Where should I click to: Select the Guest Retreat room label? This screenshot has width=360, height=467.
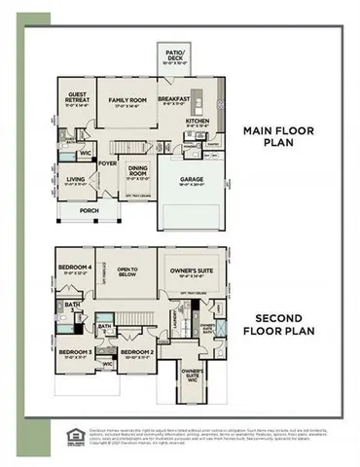[77, 98]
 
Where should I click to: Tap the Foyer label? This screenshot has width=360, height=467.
[107, 164]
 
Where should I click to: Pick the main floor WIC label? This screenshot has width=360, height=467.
[86, 154]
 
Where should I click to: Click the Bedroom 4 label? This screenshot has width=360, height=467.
[75, 269]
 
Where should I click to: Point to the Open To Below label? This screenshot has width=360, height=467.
[126, 271]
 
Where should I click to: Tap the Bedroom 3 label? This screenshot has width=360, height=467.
[74, 352]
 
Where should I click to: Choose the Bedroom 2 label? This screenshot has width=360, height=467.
[139, 352]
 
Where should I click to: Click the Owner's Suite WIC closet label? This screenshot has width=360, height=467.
[193, 375]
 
